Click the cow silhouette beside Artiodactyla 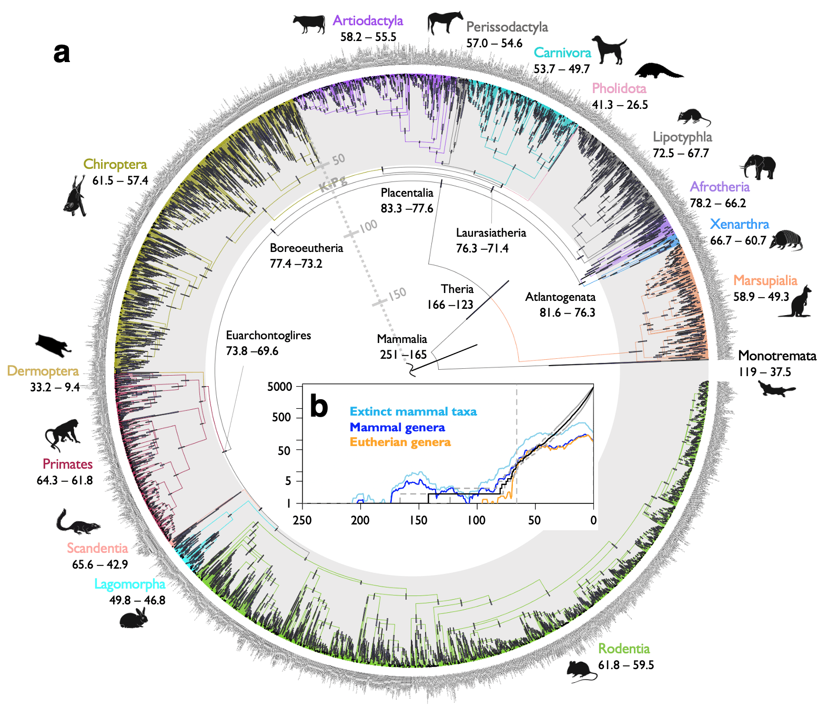point(309,24)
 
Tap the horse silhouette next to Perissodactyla point(445,23)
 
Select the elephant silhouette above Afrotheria point(758,167)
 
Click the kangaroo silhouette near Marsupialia point(796,303)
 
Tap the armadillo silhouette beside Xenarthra point(786,240)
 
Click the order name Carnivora point(562,53)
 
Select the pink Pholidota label point(619,88)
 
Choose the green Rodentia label point(624,649)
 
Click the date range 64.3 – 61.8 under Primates point(65,480)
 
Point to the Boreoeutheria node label point(306,248)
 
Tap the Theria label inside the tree point(457,289)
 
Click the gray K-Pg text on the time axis point(333,185)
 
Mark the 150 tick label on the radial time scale point(397,294)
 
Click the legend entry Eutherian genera point(400,442)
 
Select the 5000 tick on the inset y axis point(279,387)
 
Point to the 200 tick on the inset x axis point(360,520)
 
